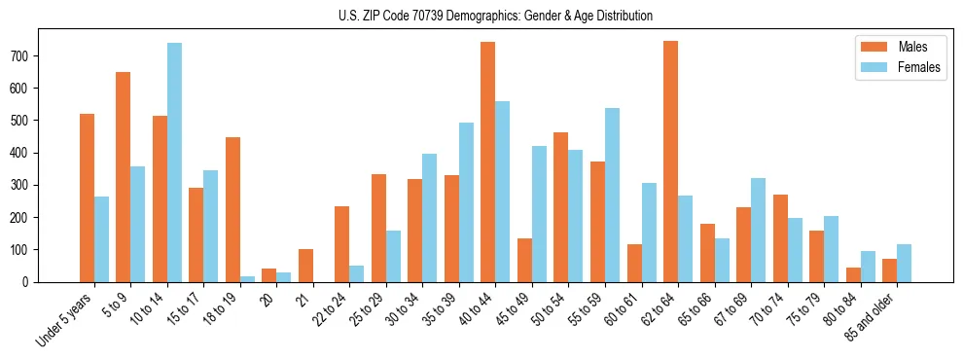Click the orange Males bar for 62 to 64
[670, 162]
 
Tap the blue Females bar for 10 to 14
[174, 162]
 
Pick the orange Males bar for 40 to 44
[487, 162]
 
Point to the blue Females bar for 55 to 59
[612, 195]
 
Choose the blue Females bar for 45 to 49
[539, 214]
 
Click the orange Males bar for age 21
[305, 266]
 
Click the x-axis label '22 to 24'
[326, 310]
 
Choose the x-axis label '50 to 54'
[545, 310]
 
